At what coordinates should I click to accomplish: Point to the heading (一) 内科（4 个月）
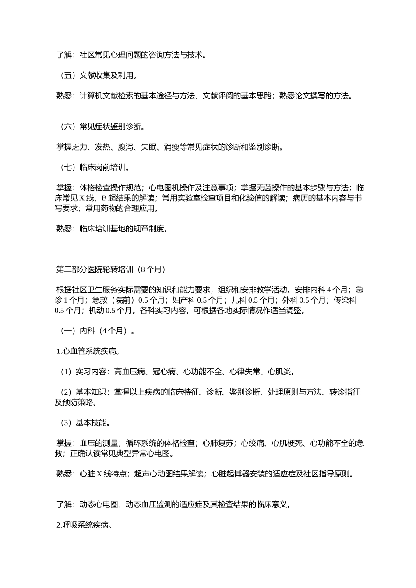point(97,331)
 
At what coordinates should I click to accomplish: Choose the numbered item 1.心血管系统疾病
point(88,351)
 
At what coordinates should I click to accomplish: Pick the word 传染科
point(345,301)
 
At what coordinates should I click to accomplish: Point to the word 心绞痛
point(252,443)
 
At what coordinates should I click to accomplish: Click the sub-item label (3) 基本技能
point(85,423)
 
